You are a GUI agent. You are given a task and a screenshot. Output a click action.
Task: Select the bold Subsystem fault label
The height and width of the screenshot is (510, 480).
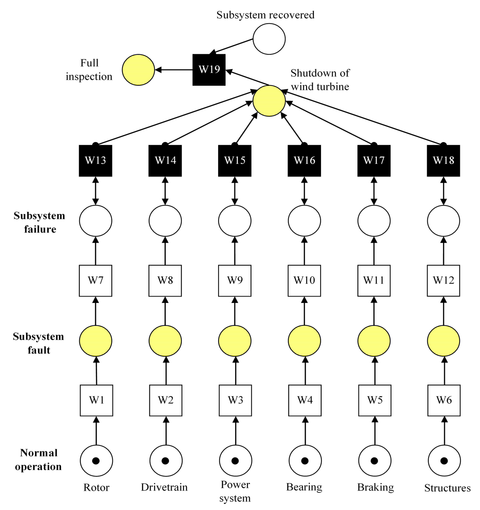point(38,343)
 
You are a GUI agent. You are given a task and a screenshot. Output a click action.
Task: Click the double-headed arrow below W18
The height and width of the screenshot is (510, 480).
point(443,191)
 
